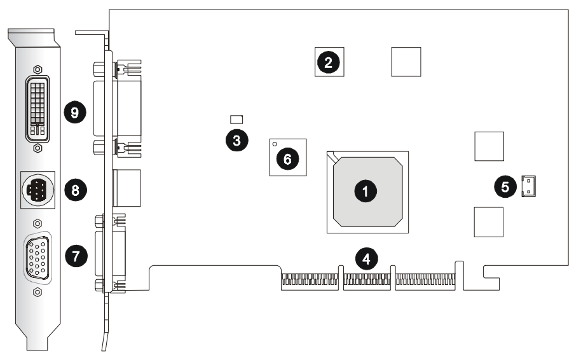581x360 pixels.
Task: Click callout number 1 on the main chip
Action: click(366, 190)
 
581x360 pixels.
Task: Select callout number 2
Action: click(328, 62)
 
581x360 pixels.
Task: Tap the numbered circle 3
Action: click(236, 141)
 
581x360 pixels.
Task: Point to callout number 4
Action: click(366, 258)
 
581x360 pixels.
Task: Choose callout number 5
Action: click(505, 186)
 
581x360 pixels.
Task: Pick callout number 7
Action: click(76, 256)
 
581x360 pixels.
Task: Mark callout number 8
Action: click(76, 189)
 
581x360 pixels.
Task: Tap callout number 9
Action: click(76, 113)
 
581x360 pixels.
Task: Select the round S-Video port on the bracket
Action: click(38, 189)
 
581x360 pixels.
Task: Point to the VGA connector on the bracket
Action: click(38, 258)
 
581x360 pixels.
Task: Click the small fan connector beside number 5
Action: click(528, 187)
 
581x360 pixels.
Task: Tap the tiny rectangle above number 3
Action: click(236, 119)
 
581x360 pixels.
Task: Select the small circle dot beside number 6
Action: click(275, 145)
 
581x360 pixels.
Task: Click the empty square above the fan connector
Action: click(489, 146)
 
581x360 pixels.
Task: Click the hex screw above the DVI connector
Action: click(38, 69)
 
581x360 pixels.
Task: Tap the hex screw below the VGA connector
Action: click(38, 292)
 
